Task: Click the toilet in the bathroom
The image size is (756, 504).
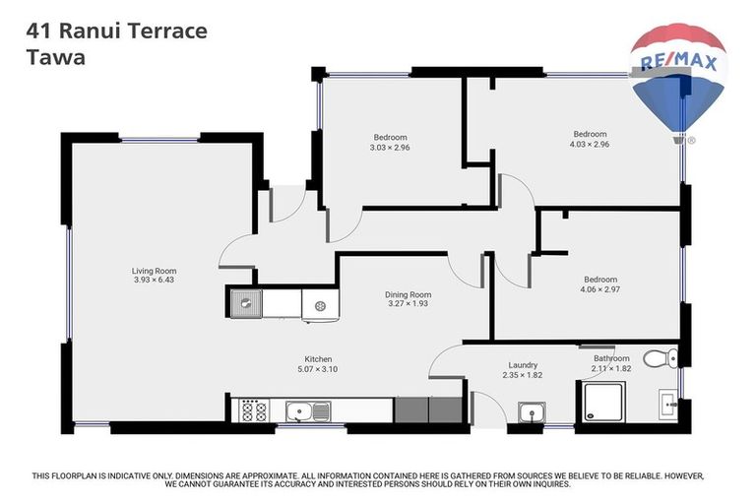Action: [658, 358]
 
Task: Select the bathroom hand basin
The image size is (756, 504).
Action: [669, 403]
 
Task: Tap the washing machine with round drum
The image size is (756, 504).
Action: [320, 306]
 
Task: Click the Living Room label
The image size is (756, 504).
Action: [154, 271]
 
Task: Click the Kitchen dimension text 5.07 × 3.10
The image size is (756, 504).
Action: [318, 369]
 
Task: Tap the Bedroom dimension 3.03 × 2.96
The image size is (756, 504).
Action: [390, 148]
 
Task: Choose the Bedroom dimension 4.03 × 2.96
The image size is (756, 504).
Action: [591, 144]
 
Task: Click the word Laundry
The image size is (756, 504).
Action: [523, 364]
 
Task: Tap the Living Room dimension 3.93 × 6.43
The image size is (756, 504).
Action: [154, 281]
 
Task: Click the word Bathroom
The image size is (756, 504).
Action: [610, 358]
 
